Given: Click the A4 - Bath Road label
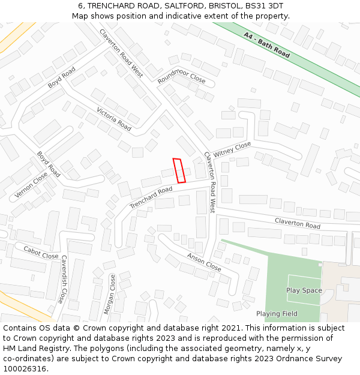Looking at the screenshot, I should click(x=267, y=45).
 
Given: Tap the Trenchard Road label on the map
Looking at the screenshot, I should click(x=151, y=197).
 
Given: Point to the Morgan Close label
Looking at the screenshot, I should click(x=110, y=295).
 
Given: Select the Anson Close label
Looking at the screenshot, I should click(x=204, y=262).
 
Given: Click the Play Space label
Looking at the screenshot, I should click(x=304, y=290).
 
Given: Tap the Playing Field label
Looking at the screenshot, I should click(x=277, y=314).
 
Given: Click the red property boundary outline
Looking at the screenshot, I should click(x=179, y=170).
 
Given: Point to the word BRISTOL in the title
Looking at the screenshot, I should click(x=219, y=6).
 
